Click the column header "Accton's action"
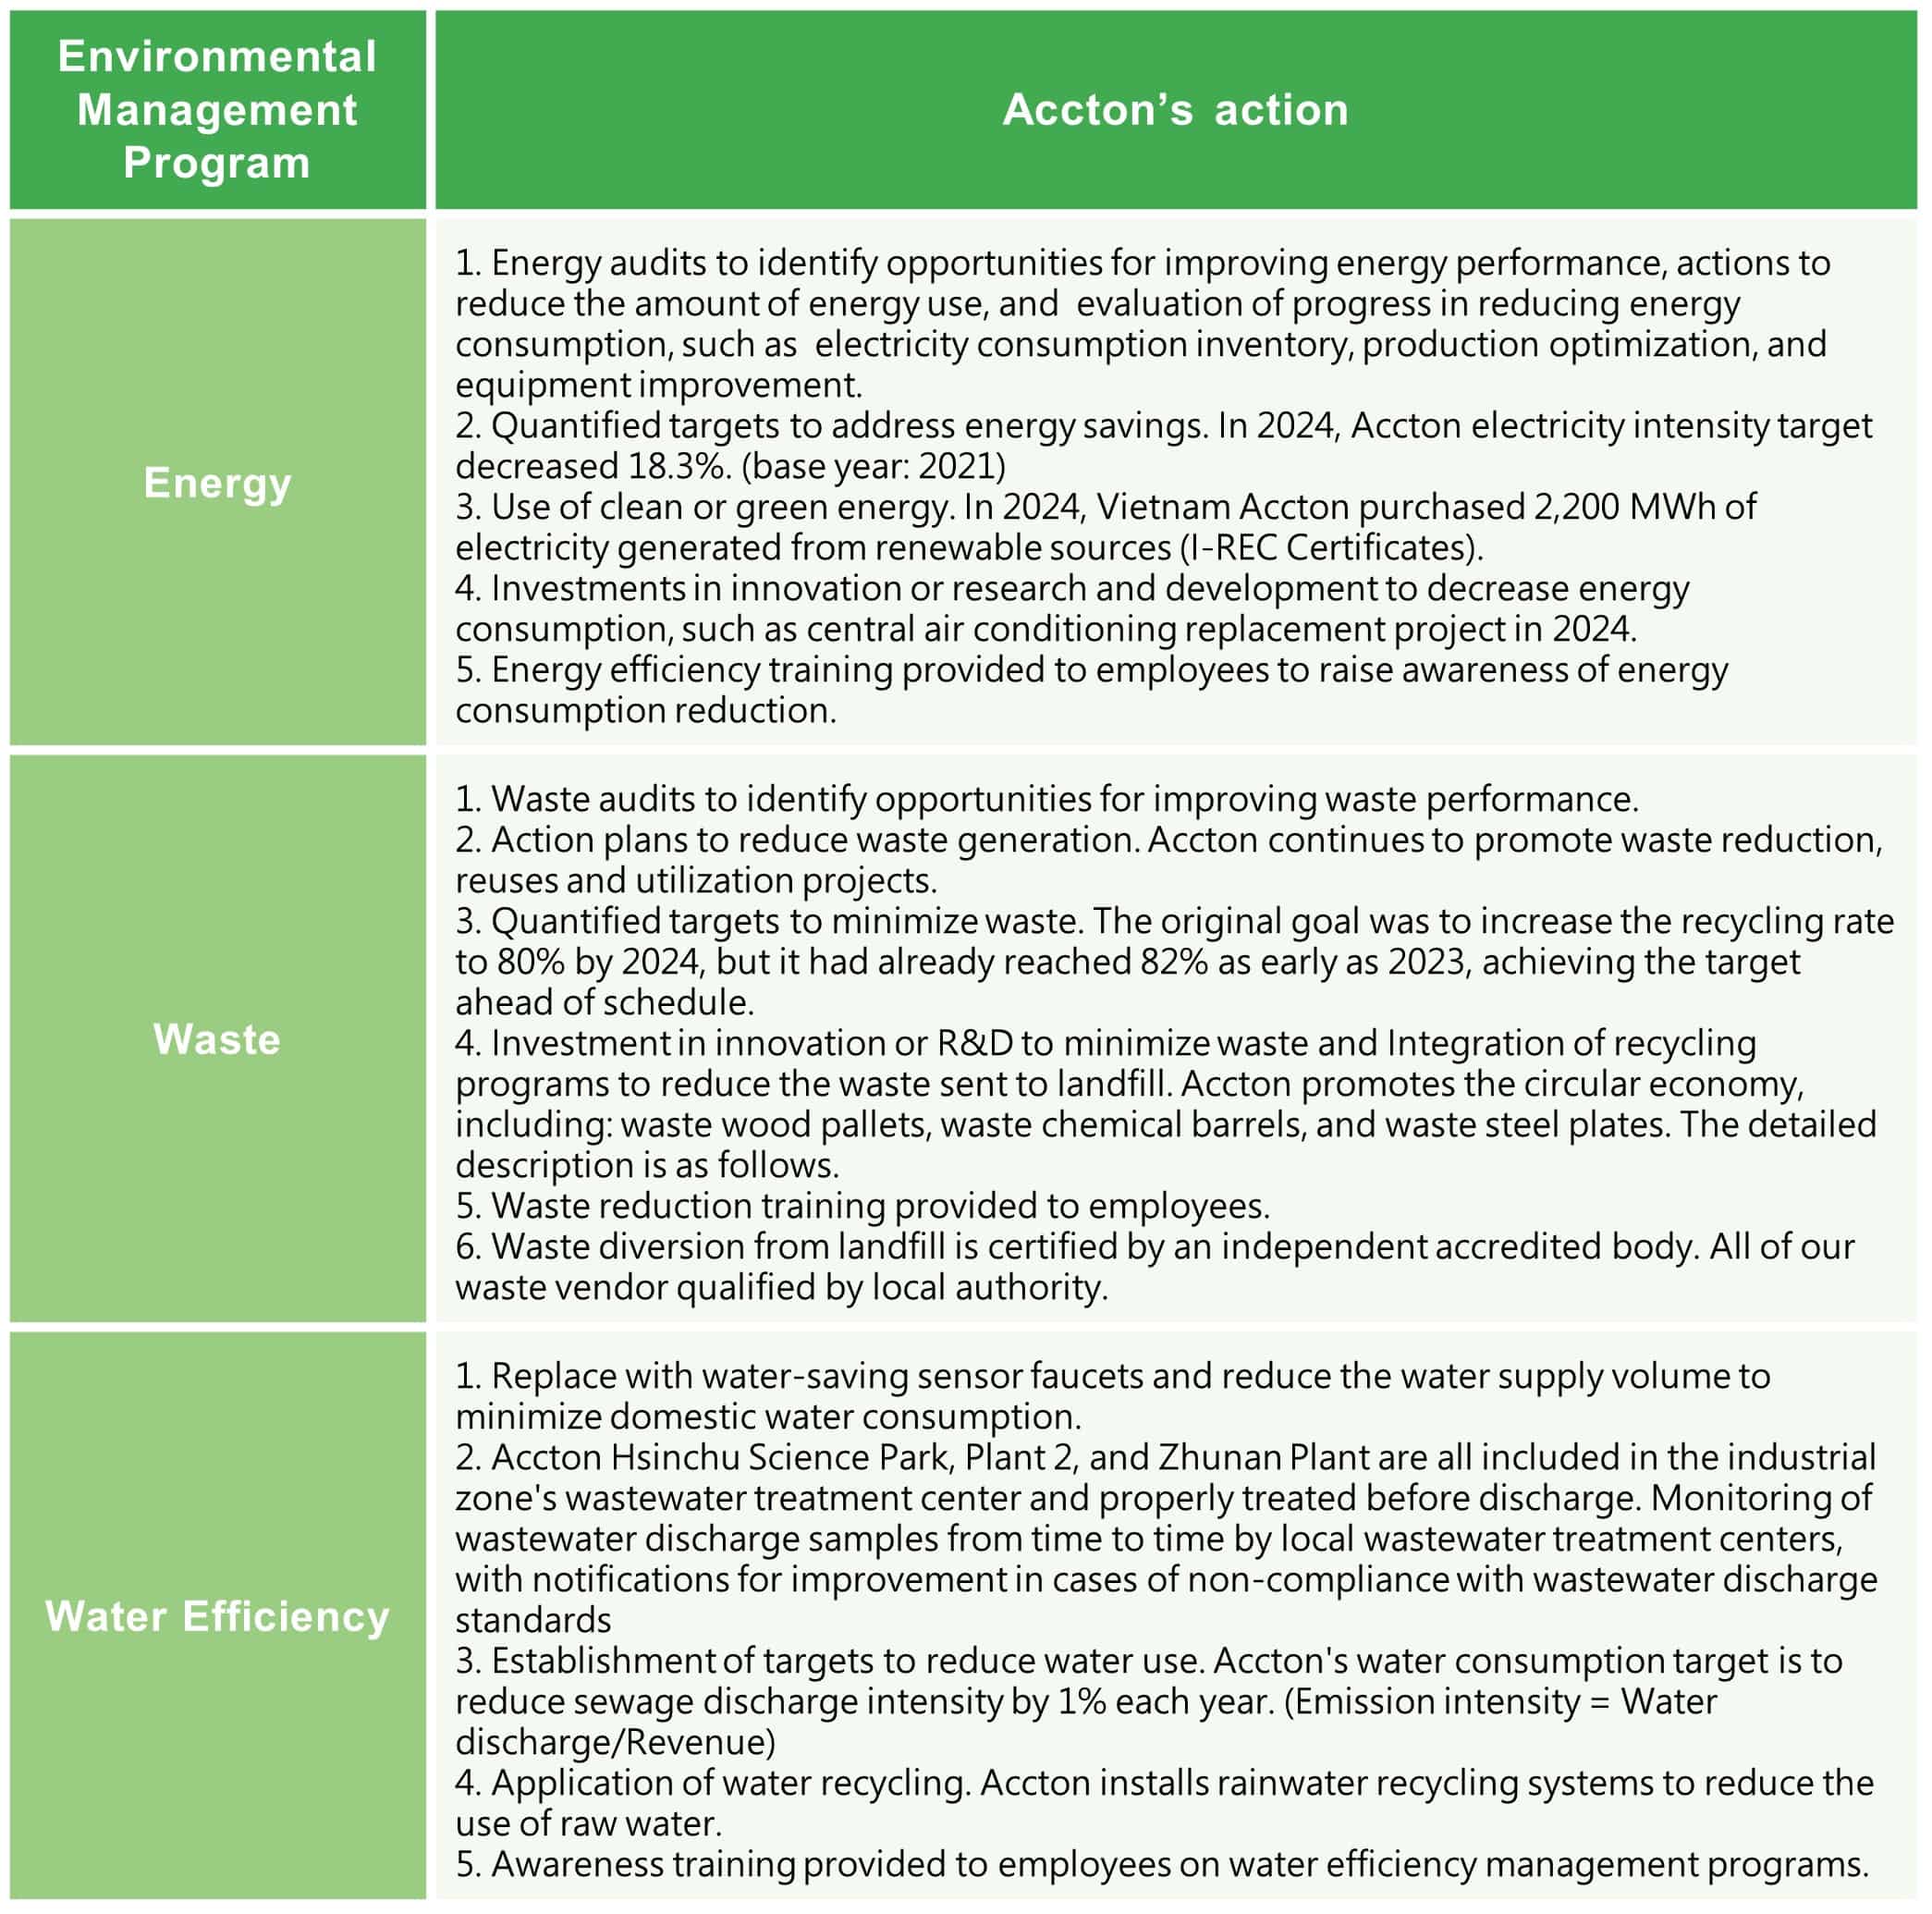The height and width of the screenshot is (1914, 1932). pyautogui.click(x=1175, y=109)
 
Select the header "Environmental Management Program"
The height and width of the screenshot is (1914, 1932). pyautogui.click(x=217, y=109)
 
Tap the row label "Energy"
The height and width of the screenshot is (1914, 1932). pyautogui.click(x=217, y=482)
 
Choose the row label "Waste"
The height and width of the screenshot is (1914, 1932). pyautogui.click(x=217, y=1039)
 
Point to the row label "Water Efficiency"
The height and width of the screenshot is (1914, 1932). pyautogui.click(x=217, y=1616)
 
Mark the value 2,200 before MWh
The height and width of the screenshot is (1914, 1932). pyautogui.click(x=1576, y=507)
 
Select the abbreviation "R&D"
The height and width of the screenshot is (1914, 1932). pyautogui.click(x=975, y=1043)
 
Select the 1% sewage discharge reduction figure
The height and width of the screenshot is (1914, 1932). pyautogui.click(x=1081, y=1701)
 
